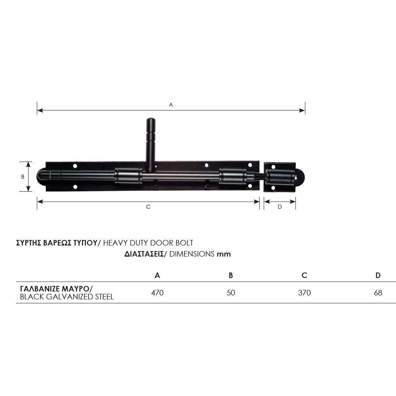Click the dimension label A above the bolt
click(x=171, y=105)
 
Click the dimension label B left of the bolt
click(x=23, y=177)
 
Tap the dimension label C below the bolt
click(x=148, y=207)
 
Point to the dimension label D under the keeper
click(x=280, y=207)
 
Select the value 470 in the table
click(x=157, y=293)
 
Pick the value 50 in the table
click(x=231, y=293)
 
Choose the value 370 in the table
click(x=304, y=293)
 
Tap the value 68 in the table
click(x=378, y=293)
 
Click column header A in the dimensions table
click(x=157, y=275)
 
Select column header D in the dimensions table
click(x=378, y=275)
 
